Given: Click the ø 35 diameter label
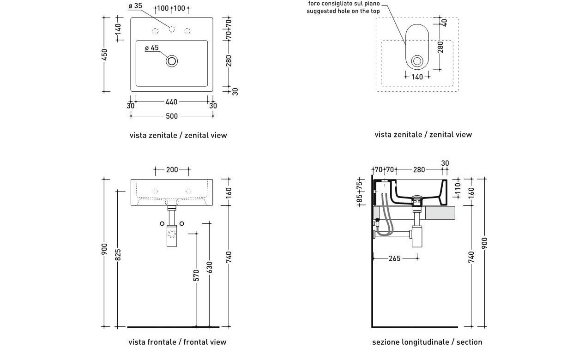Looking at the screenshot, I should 135,6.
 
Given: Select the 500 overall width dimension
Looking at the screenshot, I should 172,116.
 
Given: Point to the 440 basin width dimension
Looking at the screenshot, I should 172,102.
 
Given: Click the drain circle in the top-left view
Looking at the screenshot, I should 172,61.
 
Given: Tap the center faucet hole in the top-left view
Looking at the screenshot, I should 172,30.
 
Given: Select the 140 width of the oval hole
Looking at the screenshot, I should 417,77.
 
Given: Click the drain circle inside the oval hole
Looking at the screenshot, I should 417,61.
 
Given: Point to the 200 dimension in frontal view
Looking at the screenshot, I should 172,170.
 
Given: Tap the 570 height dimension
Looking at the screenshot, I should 196,276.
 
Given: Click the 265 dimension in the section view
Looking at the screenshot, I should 394,258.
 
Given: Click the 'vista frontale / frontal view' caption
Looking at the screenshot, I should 177,342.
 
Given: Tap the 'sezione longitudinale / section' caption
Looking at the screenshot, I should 427,342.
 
